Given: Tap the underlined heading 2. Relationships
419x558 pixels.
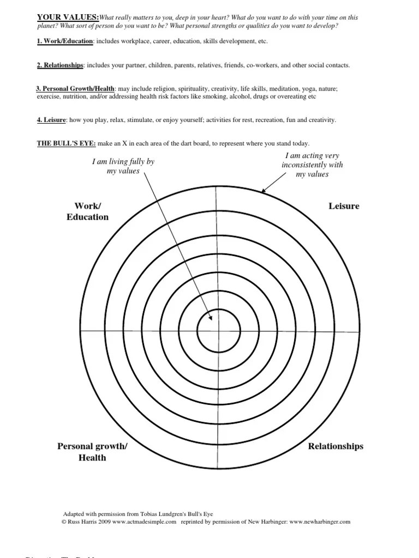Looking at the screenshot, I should (60, 65).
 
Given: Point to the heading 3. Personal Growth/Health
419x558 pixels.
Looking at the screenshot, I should (75, 89).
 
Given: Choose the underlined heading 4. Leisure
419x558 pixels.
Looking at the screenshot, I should (51, 120).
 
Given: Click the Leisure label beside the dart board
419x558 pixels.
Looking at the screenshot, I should (344, 207).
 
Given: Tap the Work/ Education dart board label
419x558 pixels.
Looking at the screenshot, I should (87, 211).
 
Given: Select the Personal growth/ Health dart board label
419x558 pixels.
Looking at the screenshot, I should (92, 452).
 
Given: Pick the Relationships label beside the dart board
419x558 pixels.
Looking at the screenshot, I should (336, 446).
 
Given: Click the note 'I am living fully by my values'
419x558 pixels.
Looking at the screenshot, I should (123, 166).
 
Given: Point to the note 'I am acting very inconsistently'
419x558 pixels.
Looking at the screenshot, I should (312, 165).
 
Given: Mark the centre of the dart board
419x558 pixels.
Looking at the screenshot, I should (219, 330).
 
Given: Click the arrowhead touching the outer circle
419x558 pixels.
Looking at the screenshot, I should (264, 191).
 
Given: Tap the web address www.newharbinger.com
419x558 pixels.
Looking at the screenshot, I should (320, 521).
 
